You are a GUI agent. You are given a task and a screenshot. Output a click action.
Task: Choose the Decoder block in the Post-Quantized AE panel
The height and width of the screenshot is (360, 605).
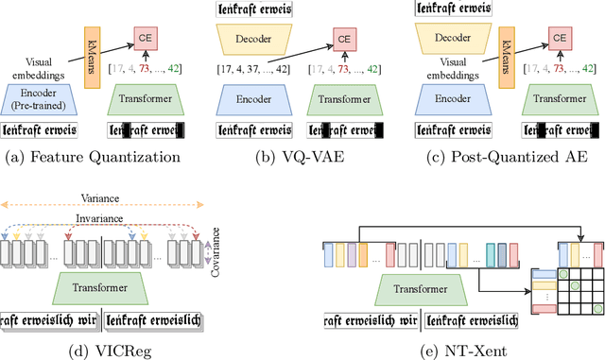(454, 39)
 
